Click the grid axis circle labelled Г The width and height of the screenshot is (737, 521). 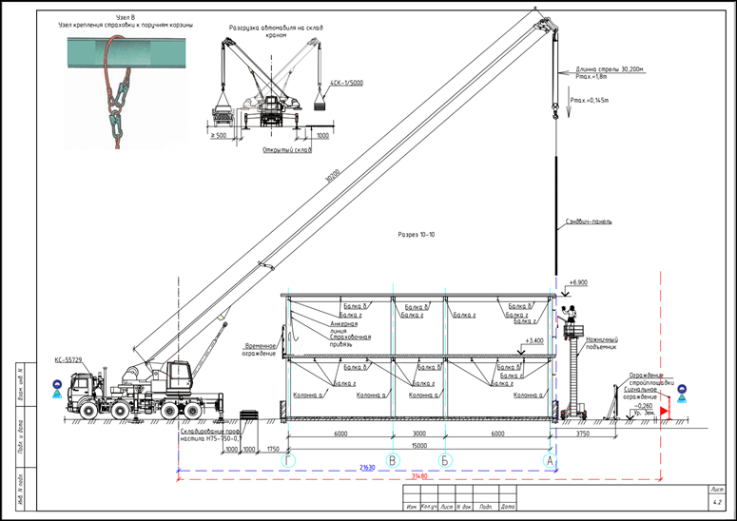point(289,459)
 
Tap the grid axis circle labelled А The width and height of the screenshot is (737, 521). point(549,459)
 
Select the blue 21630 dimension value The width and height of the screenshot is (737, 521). point(365,467)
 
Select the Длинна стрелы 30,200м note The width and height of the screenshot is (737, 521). point(610,69)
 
